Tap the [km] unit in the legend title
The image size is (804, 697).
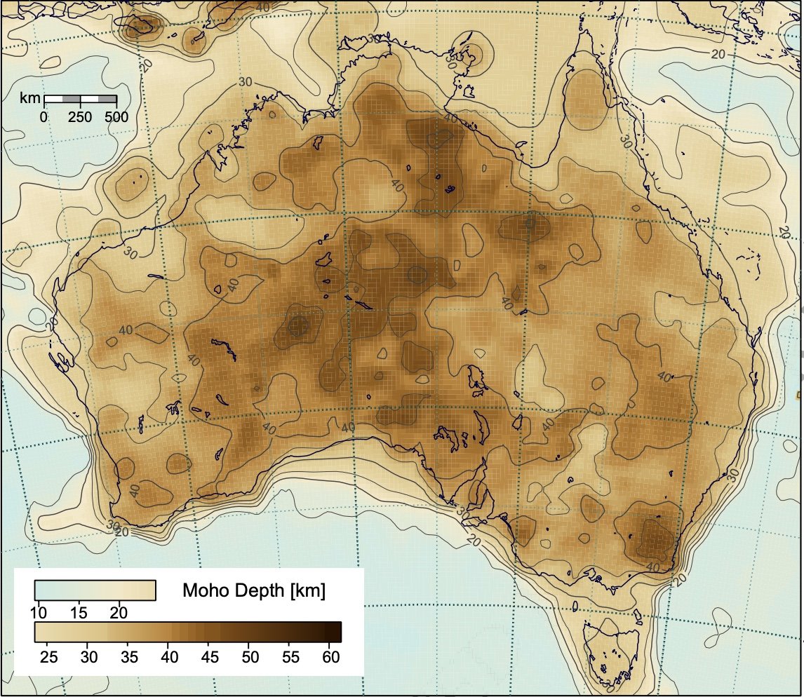[307, 590]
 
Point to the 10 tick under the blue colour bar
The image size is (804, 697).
[39, 613]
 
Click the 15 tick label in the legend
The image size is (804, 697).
[79, 613]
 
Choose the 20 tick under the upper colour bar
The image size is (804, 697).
[119, 613]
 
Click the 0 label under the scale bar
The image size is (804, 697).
[43, 117]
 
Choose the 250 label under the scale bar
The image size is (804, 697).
[80, 117]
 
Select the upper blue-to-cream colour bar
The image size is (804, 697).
[95, 590]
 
